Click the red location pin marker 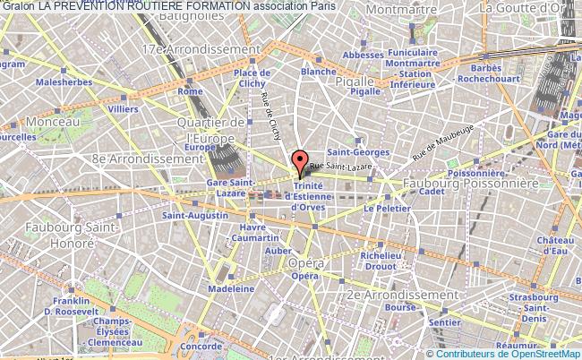point(301,162)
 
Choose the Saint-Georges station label point(345,151)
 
